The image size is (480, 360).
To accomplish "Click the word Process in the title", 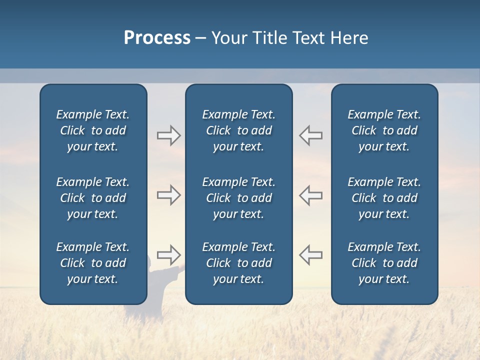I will point(157,38).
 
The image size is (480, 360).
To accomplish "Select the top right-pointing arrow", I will point(168,135).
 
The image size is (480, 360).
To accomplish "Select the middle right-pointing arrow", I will point(168,195).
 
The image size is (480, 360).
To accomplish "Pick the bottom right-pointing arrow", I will point(168,255).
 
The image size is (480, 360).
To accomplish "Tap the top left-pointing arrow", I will point(310,135).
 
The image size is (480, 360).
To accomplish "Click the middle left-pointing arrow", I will point(310,195).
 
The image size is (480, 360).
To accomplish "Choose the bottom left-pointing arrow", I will point(310,255).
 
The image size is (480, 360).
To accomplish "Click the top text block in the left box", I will point(93,130).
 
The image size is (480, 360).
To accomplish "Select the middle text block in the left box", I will point(93,198).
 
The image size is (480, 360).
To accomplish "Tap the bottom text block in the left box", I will point(93,263).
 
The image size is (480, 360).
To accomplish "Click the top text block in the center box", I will point(238,130).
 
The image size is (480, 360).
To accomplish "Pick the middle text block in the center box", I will point(238,198).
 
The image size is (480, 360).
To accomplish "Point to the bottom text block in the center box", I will point(238,263).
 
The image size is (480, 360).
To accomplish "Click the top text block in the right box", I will point(384,130).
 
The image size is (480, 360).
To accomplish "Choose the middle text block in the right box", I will point(384,198).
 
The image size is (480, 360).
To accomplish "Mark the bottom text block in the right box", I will point(384,263).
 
